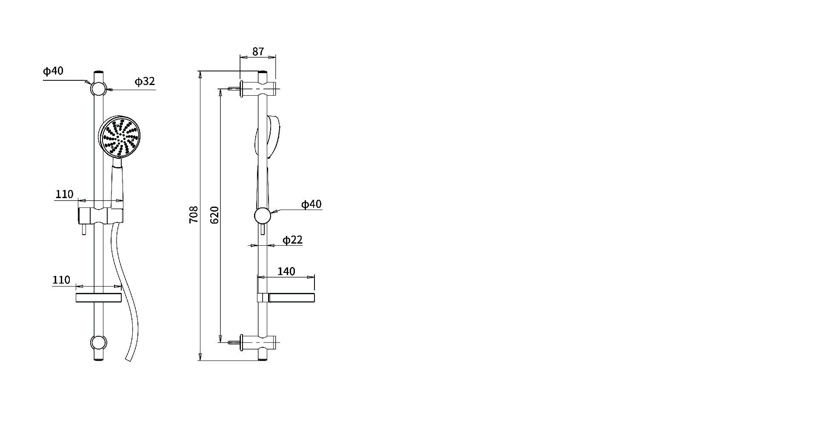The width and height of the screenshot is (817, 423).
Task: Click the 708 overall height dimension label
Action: coord(194,215)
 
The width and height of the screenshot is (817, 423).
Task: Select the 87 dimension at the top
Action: coord(258,51)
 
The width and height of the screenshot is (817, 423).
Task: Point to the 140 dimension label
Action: coord(286,271)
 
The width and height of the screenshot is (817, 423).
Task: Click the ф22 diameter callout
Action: coord(292,240)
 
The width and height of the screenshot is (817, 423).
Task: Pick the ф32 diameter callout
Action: coord(145,81)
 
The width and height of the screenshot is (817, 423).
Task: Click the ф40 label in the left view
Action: coord(53,71)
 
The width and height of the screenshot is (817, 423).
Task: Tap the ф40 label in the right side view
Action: coord(311,204)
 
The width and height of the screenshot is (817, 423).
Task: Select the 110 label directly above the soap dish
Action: coord(61,280)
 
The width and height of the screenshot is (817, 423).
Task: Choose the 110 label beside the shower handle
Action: coord(64,194)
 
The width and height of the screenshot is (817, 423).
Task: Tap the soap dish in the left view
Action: coord(98,298)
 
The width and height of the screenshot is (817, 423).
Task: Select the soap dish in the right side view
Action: coord(286,298)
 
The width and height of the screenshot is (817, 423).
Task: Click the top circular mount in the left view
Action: coord(98,89)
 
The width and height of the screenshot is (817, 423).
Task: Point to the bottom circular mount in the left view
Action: coord(98,343)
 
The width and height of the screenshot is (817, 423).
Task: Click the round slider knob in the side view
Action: coord(263,216)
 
